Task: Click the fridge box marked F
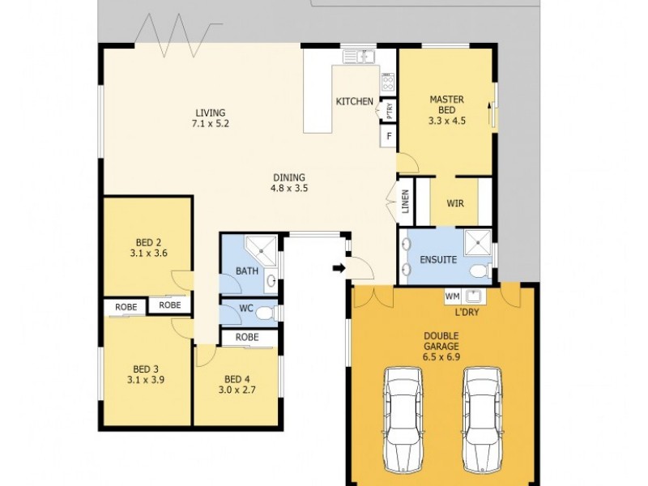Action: (x=390, y=136)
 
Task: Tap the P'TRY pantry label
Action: (x=390, y=109)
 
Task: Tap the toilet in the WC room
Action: (x=271, y=312)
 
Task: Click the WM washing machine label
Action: (x=452, y=296)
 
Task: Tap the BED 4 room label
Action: (x=237, y=379)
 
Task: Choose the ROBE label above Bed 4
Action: (x=247, y=337)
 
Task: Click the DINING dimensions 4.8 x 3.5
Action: (x=288, y=188)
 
